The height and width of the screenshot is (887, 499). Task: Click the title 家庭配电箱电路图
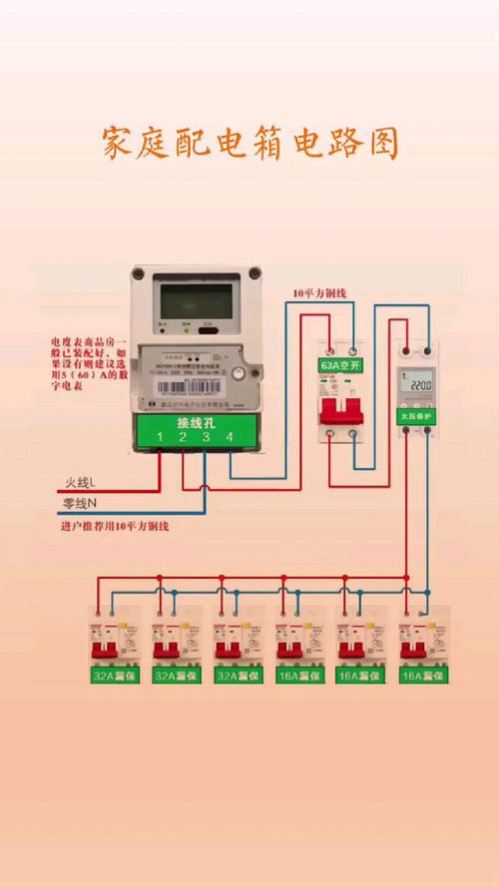[x=250, y=144]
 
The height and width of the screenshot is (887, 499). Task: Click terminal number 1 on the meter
[x=158, y=437]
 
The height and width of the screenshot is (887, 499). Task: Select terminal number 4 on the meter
[x=230, y=437]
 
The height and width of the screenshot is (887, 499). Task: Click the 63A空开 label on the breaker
[x=340, y=364]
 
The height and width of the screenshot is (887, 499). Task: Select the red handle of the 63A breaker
[x=340, y=411]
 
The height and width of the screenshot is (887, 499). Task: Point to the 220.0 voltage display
[x=419, y=385]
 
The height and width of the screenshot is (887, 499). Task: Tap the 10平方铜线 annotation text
[x=318, y=293]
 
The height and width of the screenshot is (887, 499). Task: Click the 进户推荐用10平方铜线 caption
[x=115, y=526]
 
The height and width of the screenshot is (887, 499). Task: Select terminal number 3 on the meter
[x=207, y=437]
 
